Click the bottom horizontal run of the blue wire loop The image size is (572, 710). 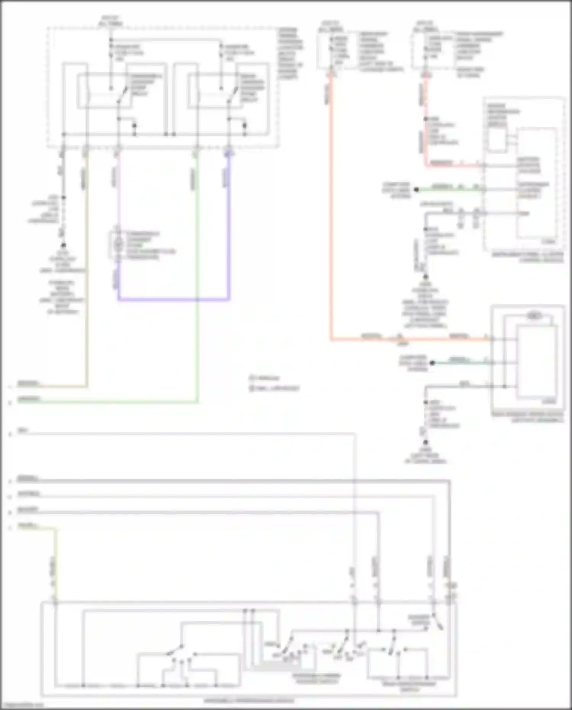click(x=174, y=299)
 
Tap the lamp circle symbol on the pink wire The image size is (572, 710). click(x=118, y=243)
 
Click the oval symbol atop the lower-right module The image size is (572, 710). click(x=534, y=316)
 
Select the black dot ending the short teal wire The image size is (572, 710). click(x=432, y=363)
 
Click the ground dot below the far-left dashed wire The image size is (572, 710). click(x=63, y=245)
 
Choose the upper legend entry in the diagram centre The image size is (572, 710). click(x=265, y=378)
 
